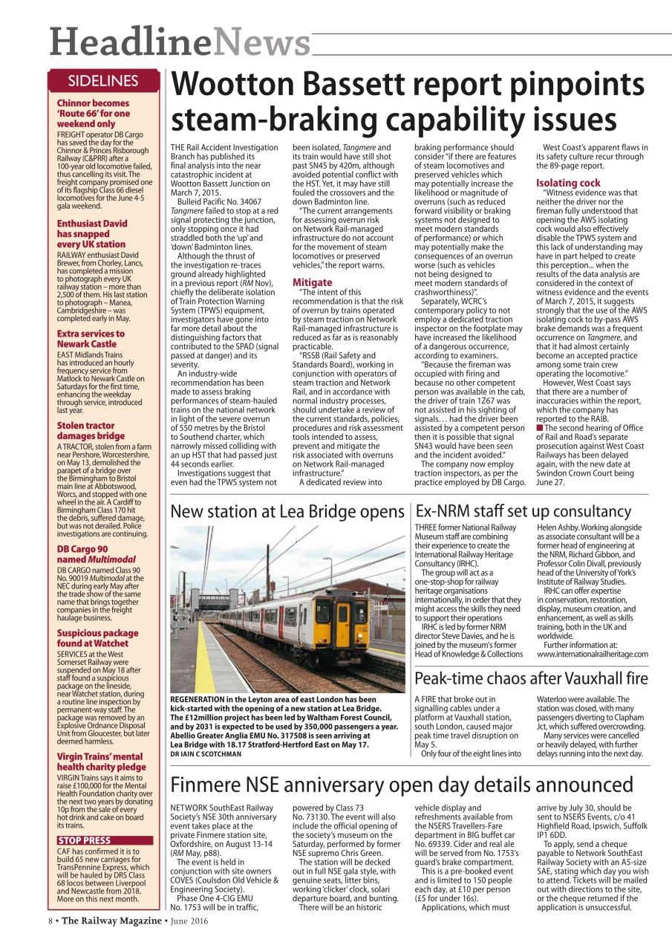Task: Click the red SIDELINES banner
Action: coord(103,80)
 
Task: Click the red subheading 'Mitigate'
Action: coord(312,282)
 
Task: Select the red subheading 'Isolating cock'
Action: coord(568,183)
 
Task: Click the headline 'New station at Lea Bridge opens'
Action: coord(287,512)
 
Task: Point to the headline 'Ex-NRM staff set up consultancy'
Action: coord(523,511)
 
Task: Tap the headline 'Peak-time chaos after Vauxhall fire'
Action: coord(531,678)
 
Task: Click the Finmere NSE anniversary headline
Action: coord(402,785)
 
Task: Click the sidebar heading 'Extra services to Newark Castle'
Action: coord(91,339)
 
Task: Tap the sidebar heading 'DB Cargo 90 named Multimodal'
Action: coord(87,554)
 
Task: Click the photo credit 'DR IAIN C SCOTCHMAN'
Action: coord(206,753)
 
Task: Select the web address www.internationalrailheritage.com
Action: coord(592,654)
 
